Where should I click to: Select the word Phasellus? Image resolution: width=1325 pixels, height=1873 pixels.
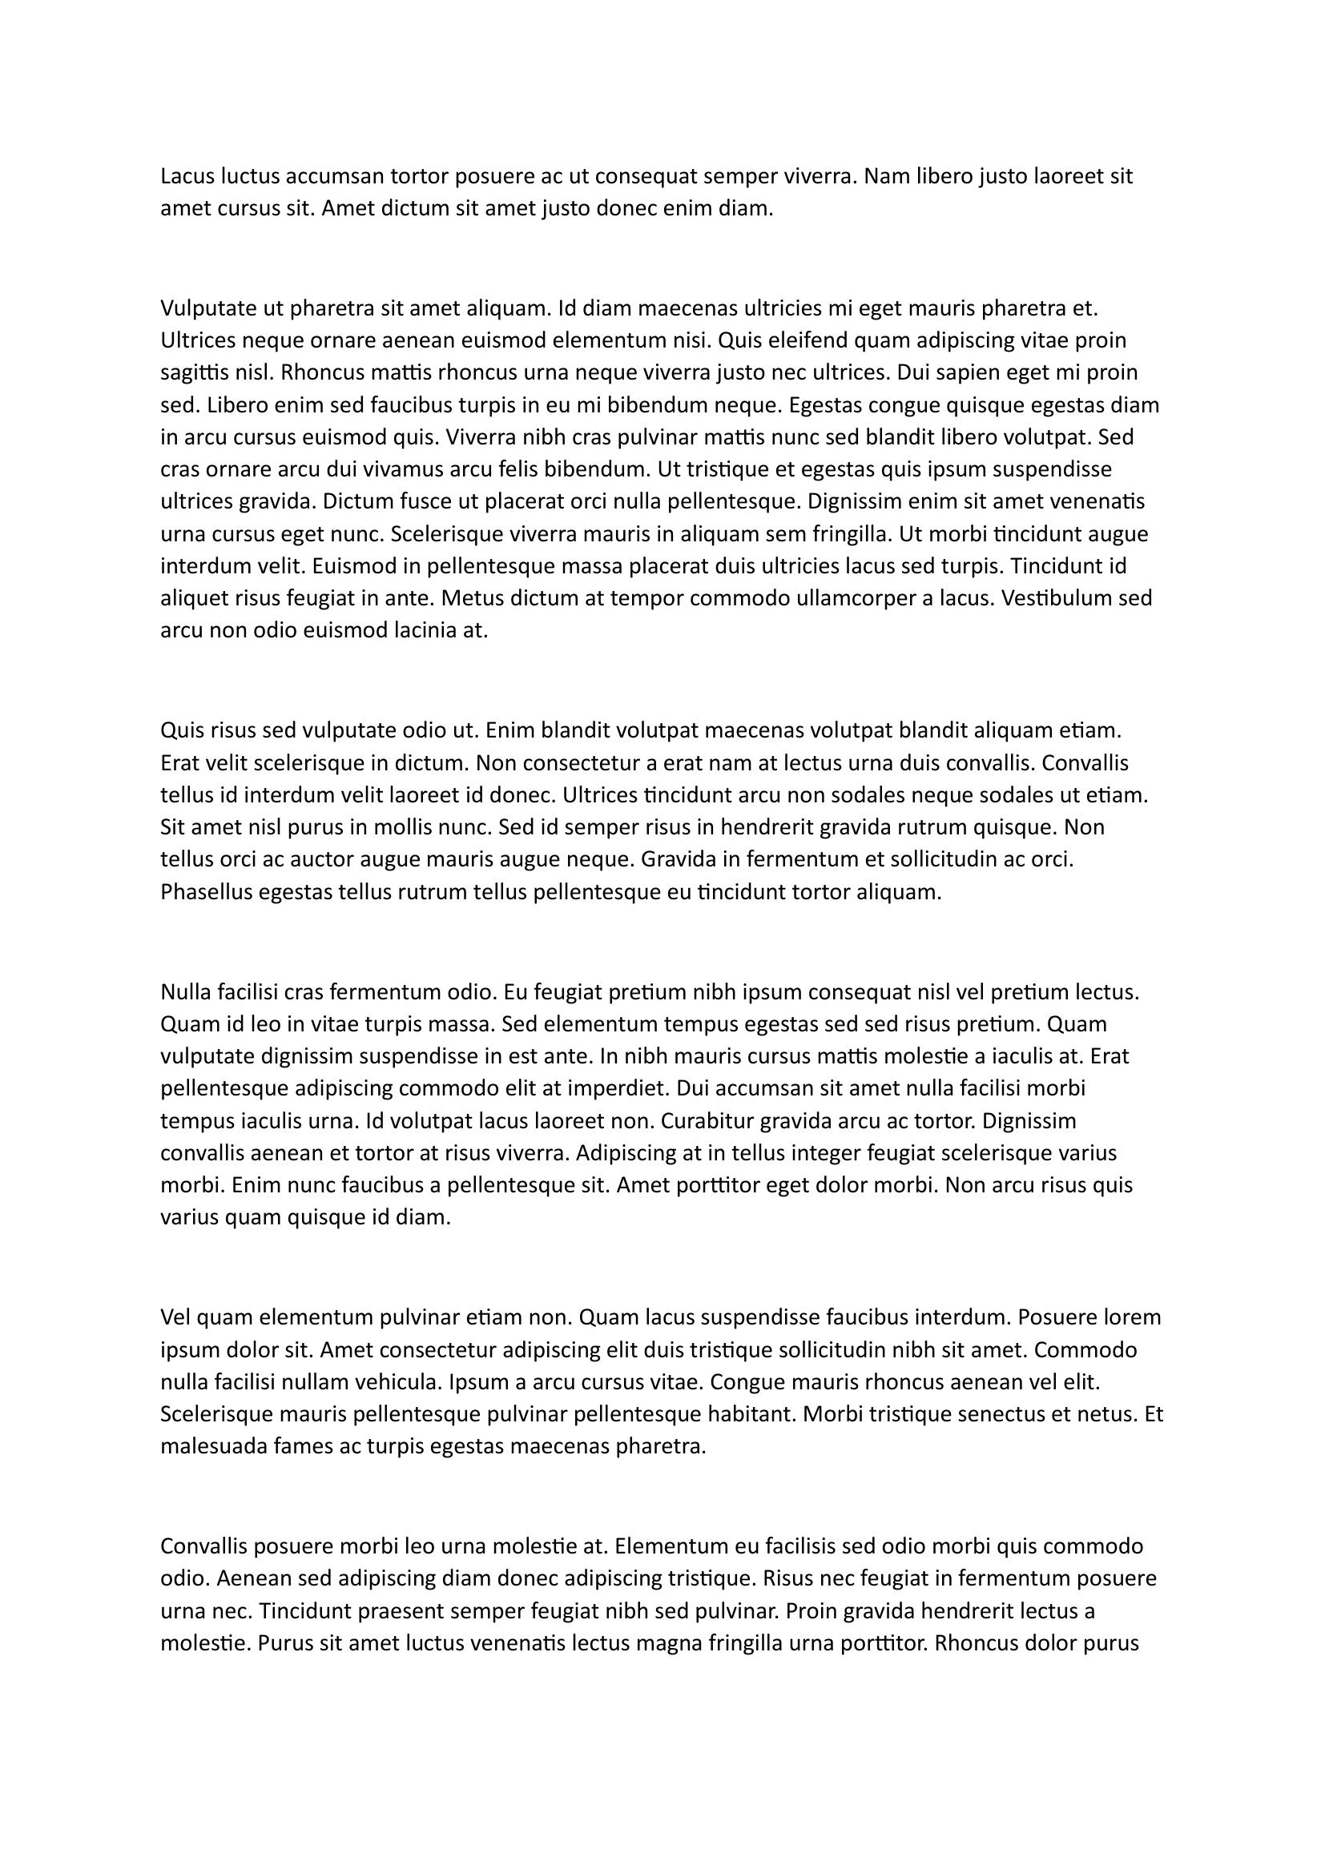(x=207, y=892)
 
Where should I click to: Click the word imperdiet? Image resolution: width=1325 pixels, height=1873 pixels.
(x=610, y=1089)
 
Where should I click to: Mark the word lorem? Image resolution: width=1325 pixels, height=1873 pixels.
(x=1132, y=1317)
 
